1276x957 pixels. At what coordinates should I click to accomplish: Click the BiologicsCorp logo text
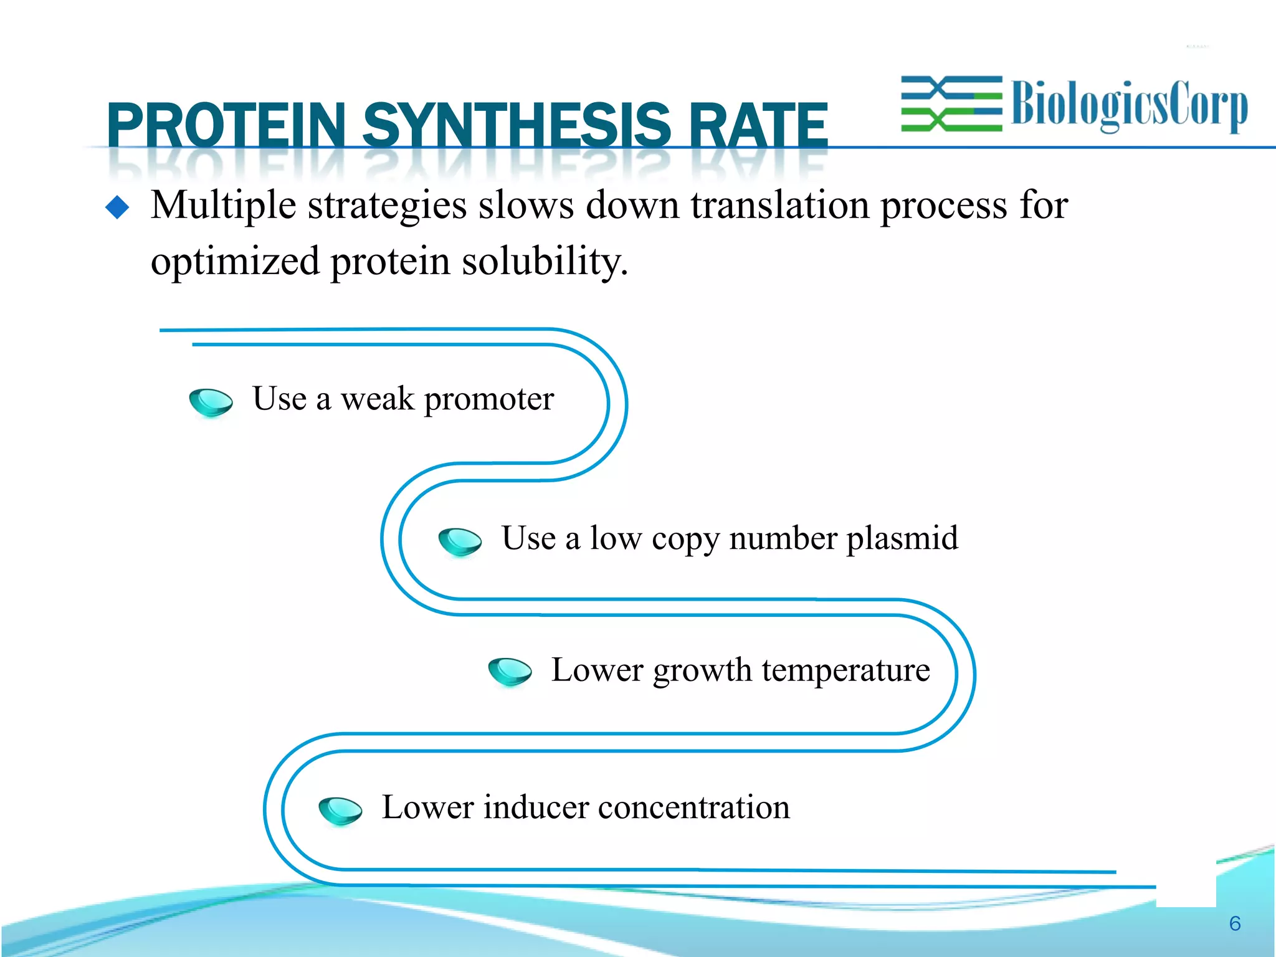[x=1129, y=105]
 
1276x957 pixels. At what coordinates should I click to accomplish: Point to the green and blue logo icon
[x=951, y=104]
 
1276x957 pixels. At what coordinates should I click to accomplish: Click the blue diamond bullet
[x=117, y=207]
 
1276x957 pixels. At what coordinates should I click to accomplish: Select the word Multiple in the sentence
[x=223, y=206]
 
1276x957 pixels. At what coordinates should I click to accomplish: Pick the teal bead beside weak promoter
[x=211, y=402]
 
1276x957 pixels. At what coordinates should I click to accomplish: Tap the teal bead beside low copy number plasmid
[x=460, y=541]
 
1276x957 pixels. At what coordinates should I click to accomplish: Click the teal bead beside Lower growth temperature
[x=510, y=672]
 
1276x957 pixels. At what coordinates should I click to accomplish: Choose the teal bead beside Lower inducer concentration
[x=340, y=810]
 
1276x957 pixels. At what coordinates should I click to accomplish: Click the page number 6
[x=1235, y=923]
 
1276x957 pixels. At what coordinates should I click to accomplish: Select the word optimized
[x=235, y=262]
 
